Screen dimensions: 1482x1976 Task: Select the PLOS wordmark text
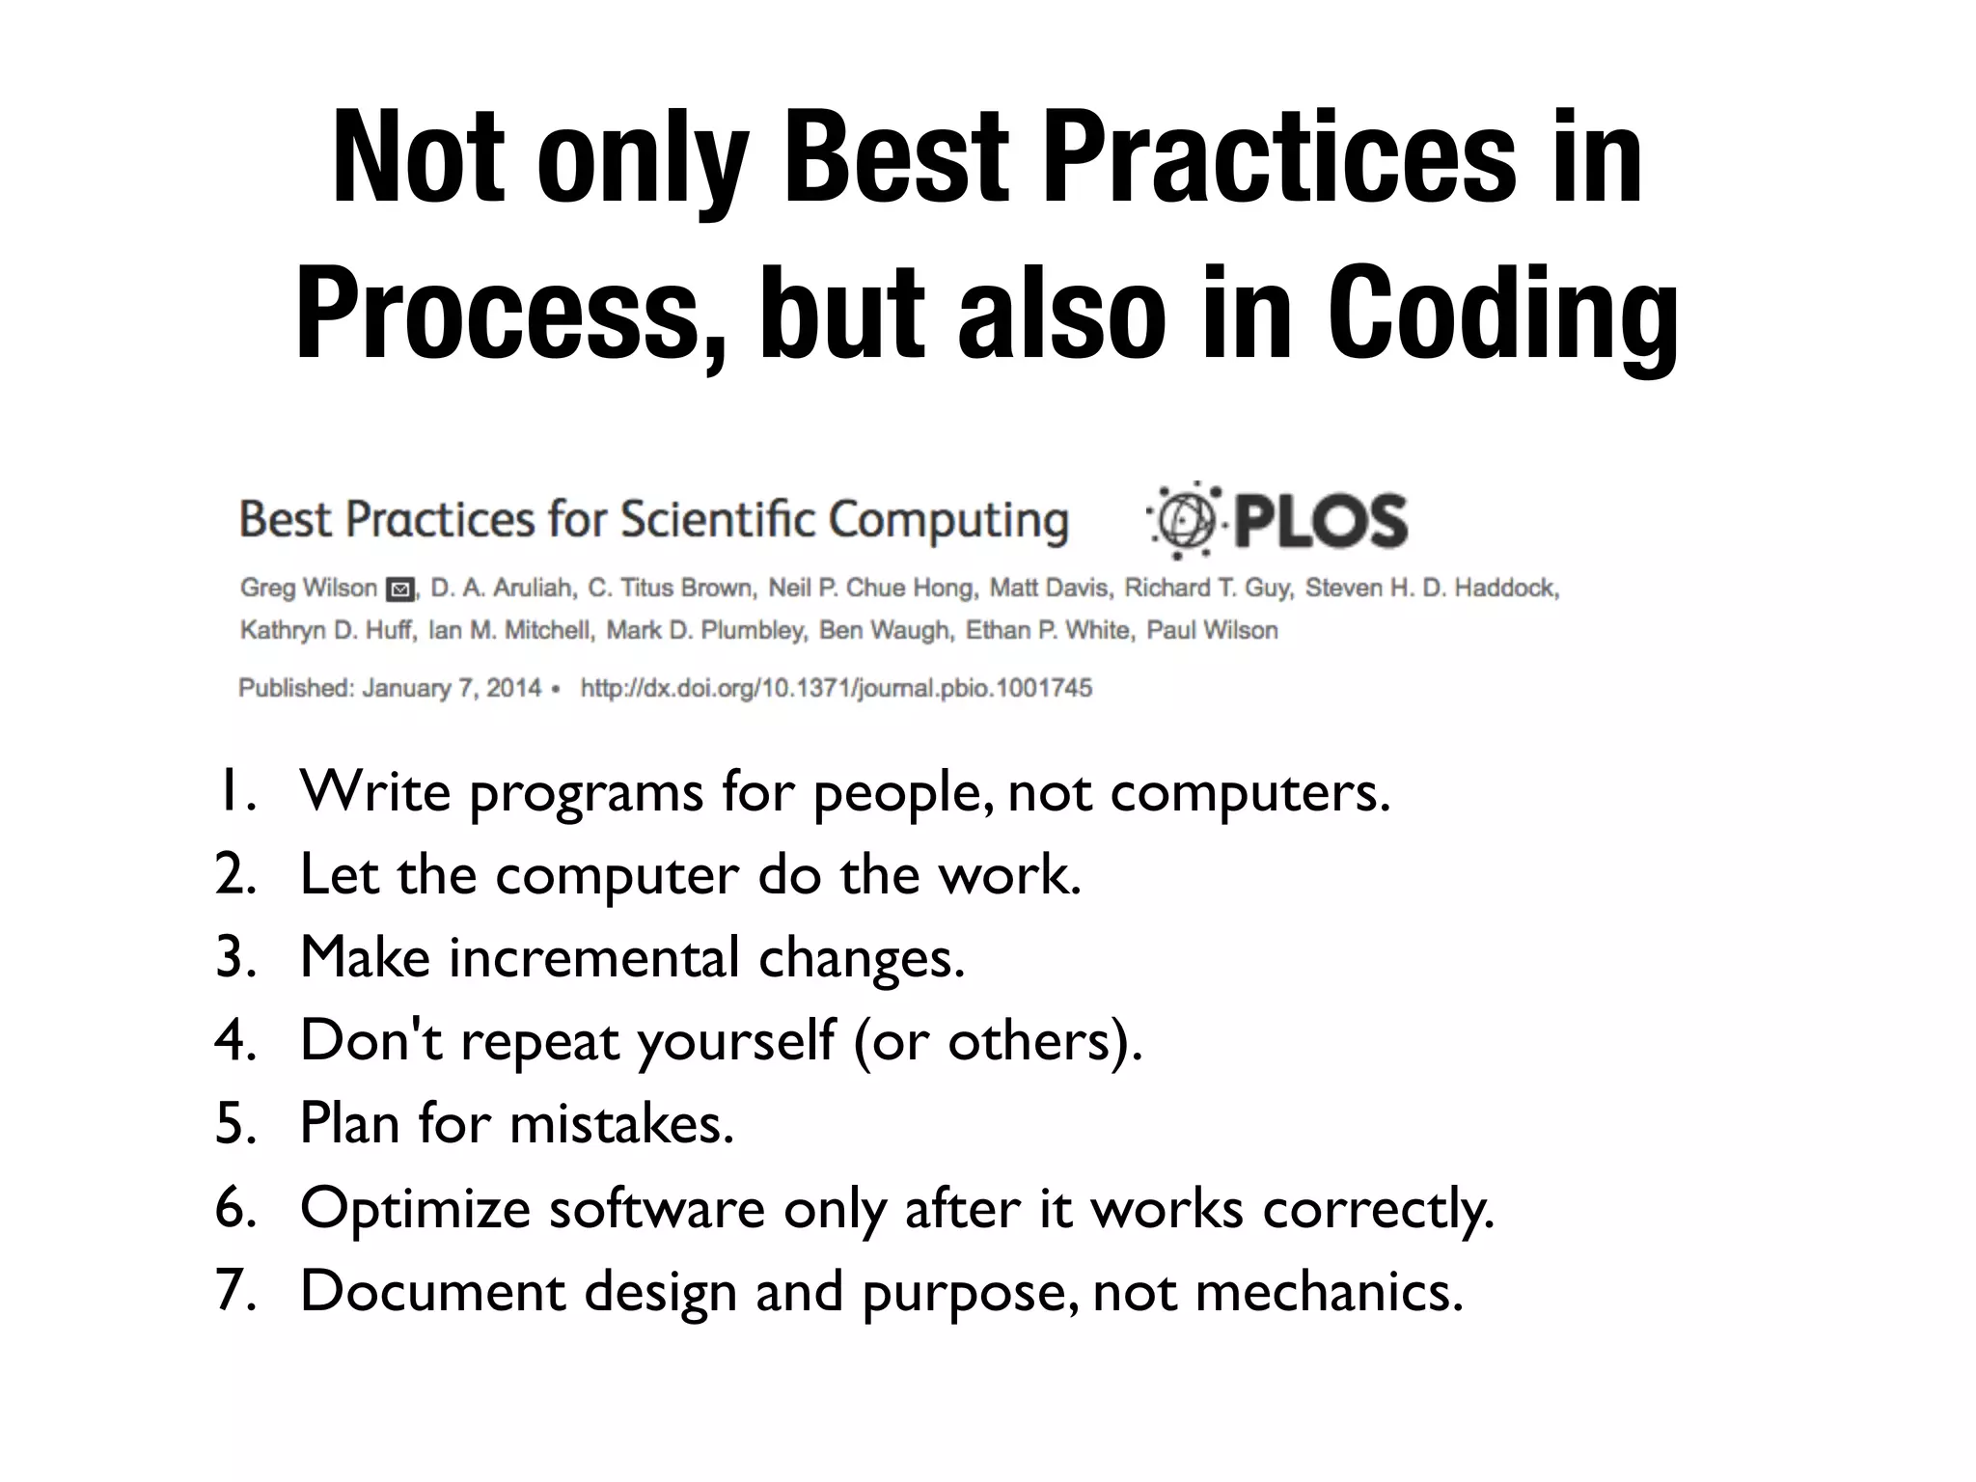(x=1321, y=522)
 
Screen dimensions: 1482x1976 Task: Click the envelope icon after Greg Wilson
(x=398, y=589)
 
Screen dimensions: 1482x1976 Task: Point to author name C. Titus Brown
(x=672, y=588)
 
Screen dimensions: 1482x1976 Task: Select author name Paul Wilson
(x=1212, y=630)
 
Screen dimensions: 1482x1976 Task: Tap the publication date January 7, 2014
(x=452, y=688)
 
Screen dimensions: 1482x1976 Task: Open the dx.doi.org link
(x=836, y=688)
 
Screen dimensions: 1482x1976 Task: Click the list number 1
(x=234, y=791)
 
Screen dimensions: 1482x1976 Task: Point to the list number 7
(x=234, y=1290)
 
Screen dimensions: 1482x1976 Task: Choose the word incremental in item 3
(x=594, y=957)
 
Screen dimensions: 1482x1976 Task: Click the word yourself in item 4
(x=736, y=1040)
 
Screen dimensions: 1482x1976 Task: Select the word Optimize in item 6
(x=415, y=1208)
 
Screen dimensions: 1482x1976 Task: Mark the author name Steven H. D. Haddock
(x=1432, y=588)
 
